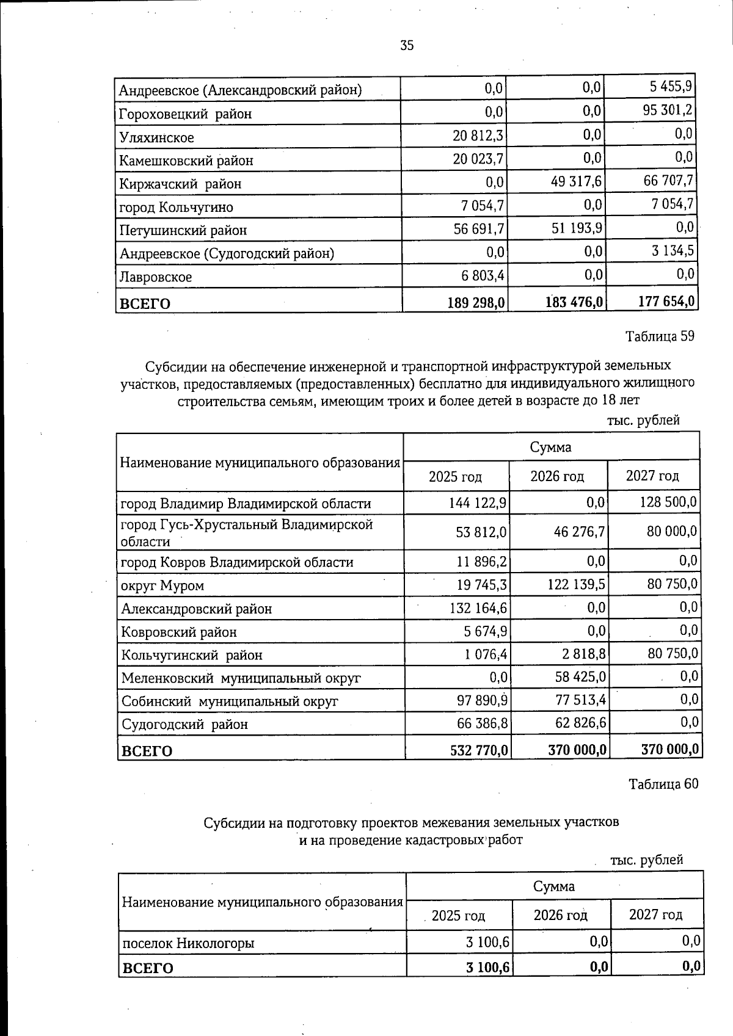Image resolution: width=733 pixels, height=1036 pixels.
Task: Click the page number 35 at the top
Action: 407,45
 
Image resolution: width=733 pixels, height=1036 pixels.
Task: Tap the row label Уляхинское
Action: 157,137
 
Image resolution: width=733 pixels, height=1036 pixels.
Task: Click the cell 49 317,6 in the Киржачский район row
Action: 576,181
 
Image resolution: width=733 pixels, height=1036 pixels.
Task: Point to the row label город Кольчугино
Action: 177,207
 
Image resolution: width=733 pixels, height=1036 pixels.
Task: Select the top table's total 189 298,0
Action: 476,302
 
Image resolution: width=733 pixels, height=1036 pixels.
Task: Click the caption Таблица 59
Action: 660,336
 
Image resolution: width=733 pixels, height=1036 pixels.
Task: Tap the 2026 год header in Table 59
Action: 557,476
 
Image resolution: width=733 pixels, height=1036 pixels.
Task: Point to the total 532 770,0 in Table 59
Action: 478,750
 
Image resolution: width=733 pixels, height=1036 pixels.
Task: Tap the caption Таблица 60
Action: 663,784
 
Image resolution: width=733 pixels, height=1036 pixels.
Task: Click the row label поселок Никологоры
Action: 188,943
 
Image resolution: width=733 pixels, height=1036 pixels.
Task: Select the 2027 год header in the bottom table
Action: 655,915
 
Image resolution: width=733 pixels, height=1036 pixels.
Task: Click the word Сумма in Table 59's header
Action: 550,447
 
